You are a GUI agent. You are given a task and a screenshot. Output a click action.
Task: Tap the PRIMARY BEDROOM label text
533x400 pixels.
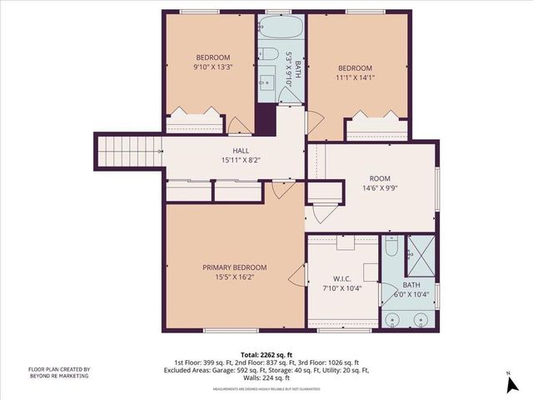click(235, 267)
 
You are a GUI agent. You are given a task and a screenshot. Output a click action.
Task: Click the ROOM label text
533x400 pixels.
click(380, 177)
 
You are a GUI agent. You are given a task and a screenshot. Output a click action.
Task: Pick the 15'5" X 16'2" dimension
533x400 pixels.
click(235, 277)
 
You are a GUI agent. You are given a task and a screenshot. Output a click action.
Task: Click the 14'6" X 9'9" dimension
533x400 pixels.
click(380, 188)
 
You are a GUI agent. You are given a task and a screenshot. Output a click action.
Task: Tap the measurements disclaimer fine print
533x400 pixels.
click(266, 389)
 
